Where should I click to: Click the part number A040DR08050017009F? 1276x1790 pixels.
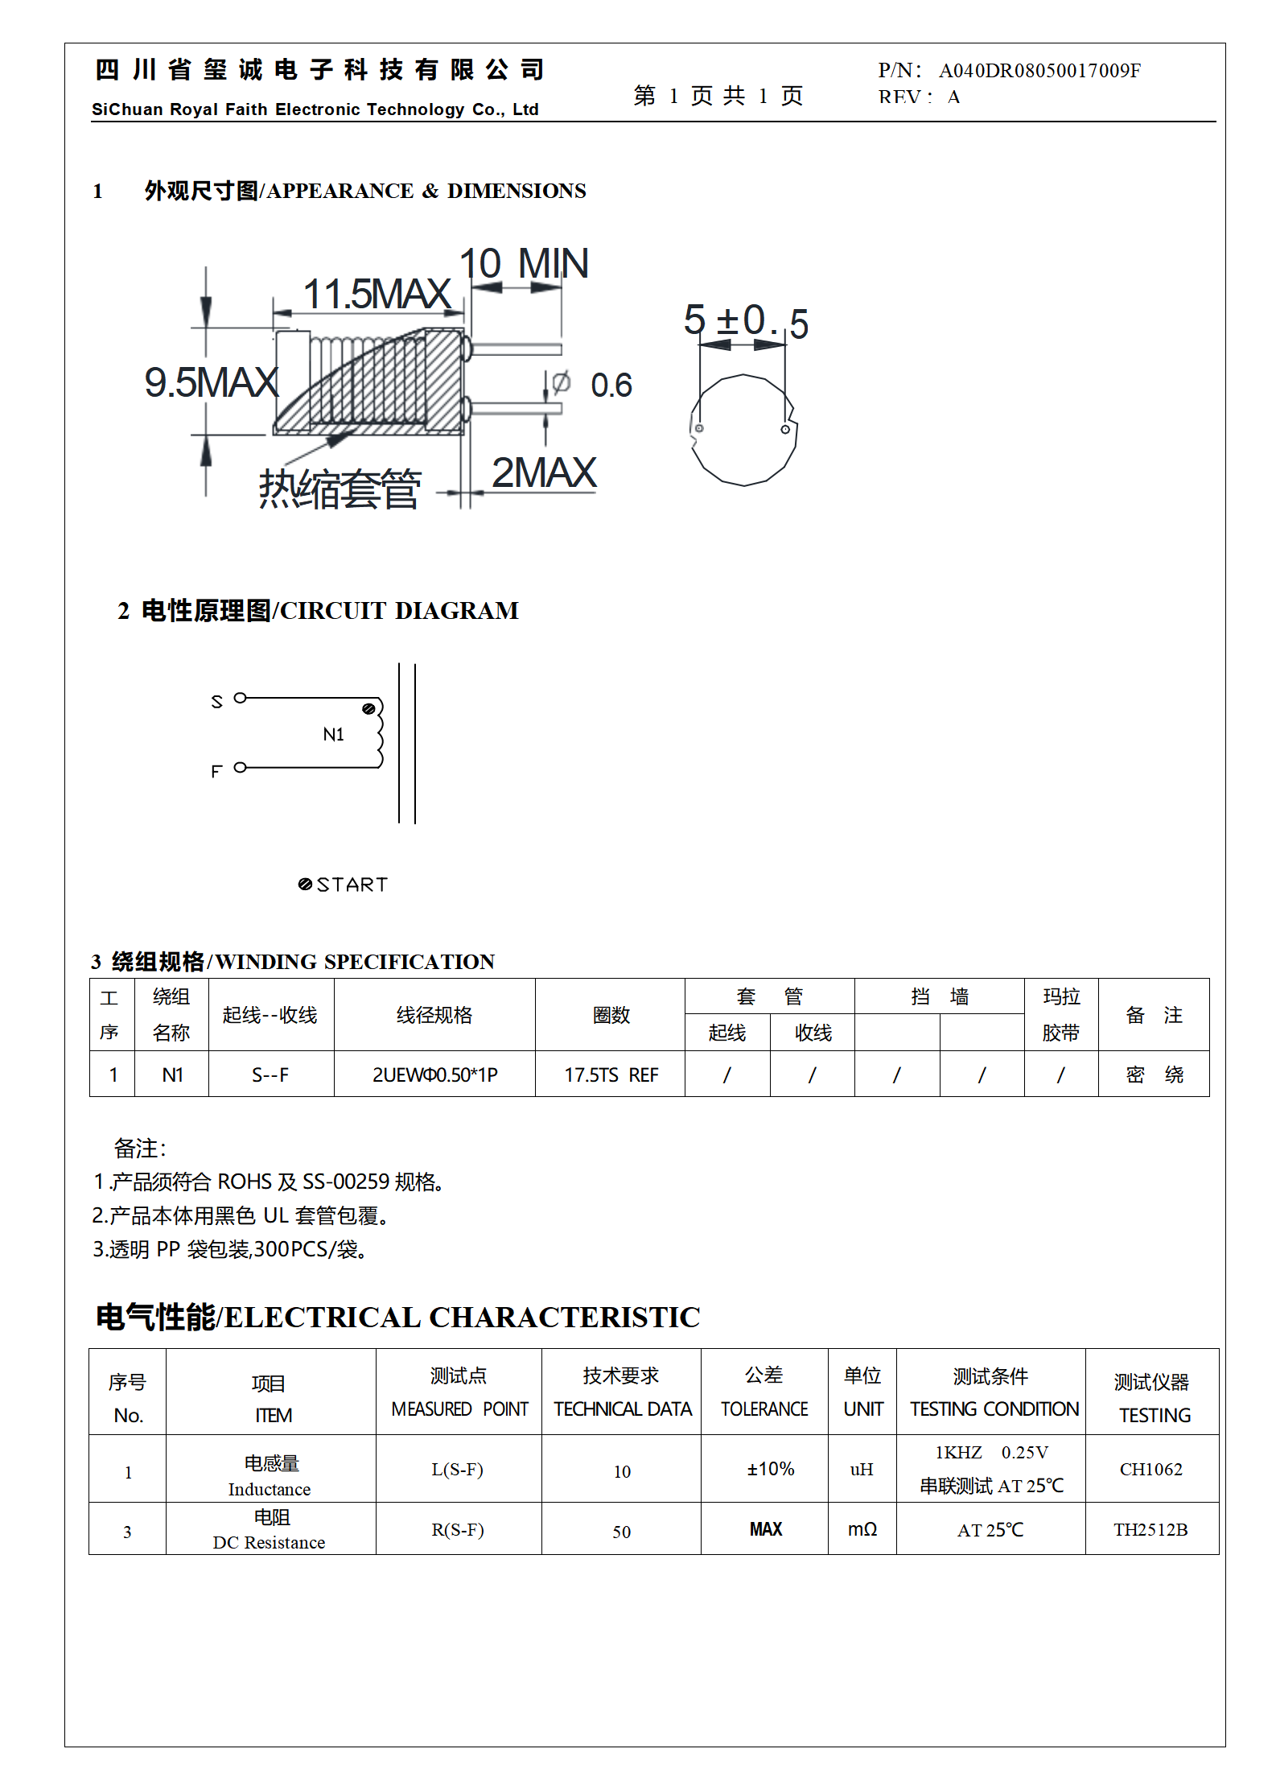click(1039, 71)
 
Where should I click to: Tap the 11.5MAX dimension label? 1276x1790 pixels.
click(377, 294)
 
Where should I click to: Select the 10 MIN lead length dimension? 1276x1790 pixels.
click(524, 264)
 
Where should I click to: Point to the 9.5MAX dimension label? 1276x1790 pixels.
click(212, 382)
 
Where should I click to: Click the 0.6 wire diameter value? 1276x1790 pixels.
click(611, 386)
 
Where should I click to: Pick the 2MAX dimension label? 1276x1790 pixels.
click(544, 473)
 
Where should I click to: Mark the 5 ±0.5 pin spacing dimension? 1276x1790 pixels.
click(746, 321)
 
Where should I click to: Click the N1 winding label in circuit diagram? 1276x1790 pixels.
click(333, 734)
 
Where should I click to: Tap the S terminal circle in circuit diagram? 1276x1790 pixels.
click(240, 698)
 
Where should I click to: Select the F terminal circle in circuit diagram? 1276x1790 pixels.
click(240, 768)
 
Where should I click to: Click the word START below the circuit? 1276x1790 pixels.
click(352, 885)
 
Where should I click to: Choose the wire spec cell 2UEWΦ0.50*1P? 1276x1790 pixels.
click(434, 1074)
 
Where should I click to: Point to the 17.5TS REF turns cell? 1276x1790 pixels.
click(611, 1074)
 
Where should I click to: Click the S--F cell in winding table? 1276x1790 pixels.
click(270, 1074)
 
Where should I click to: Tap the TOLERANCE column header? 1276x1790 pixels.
click(764, 1408)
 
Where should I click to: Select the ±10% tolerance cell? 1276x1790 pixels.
click(770, 1469)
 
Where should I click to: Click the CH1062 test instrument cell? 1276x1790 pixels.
click(1150, 1469)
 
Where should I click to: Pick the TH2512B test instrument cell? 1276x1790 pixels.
click(1150, 1529)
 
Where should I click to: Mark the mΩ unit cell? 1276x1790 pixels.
click(862, 1529)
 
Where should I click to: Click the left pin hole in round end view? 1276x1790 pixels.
click(700, 428)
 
